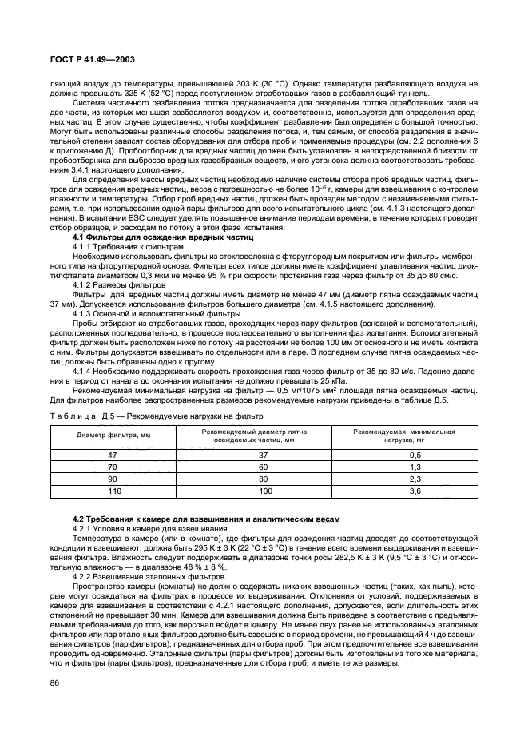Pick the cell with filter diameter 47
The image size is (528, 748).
(x=113, y=454)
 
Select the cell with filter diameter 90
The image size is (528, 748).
(x=113, y=479)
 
